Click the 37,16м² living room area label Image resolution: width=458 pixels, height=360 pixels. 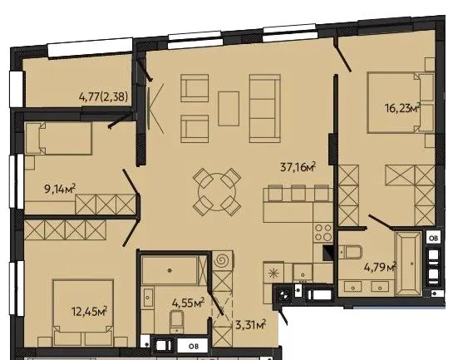(x=298, y=167)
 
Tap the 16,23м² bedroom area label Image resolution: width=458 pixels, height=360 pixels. (x=403, y=108)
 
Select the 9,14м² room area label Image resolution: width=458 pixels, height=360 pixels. (x=60, y=189)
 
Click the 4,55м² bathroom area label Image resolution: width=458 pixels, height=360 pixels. (x=188, y=303)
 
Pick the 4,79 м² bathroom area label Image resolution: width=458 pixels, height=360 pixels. (x=380, y=267)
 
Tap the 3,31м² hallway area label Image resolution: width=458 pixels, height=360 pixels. (x=250, y=324)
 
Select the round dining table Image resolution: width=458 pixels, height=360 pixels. (x=217, y=192)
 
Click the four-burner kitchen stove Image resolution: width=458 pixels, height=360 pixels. (x=323, y=233)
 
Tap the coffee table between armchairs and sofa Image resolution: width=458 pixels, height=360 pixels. (x=229, y=109)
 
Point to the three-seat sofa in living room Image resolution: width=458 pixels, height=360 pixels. (x=265, y=108)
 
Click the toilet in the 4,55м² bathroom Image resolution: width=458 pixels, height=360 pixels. (x=176, y=321)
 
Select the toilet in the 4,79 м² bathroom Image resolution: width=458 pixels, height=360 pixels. (x=351, y=252)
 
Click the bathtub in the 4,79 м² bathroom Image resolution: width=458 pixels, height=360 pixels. (x=408, y=264)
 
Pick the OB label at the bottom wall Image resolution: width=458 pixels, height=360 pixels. (x=193, y=347)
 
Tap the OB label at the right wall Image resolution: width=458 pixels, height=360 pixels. (x=433, y=239)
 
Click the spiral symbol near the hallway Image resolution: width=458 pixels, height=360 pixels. (x=224, y=259)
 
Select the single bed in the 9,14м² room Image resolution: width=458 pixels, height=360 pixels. (x=59, y=138)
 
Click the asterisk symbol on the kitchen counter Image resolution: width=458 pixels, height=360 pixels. (x=273, y=274)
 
